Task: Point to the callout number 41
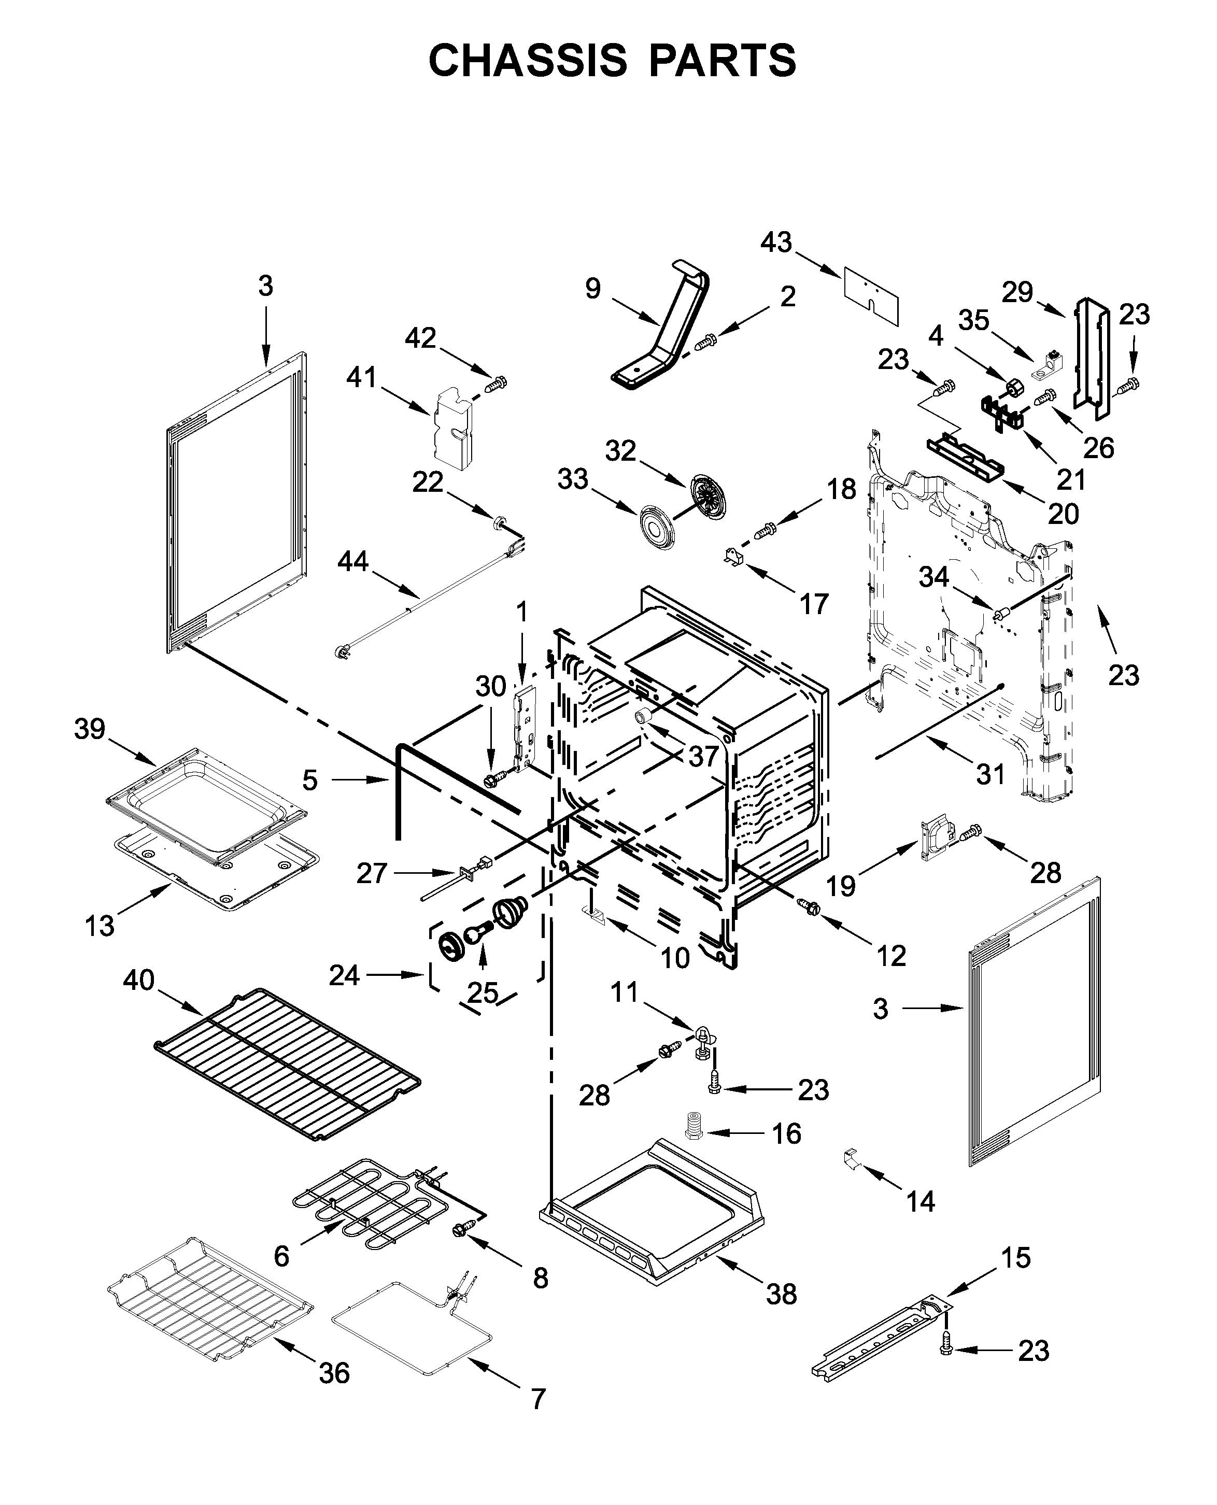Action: pyautogui.click(x=362, y=378)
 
